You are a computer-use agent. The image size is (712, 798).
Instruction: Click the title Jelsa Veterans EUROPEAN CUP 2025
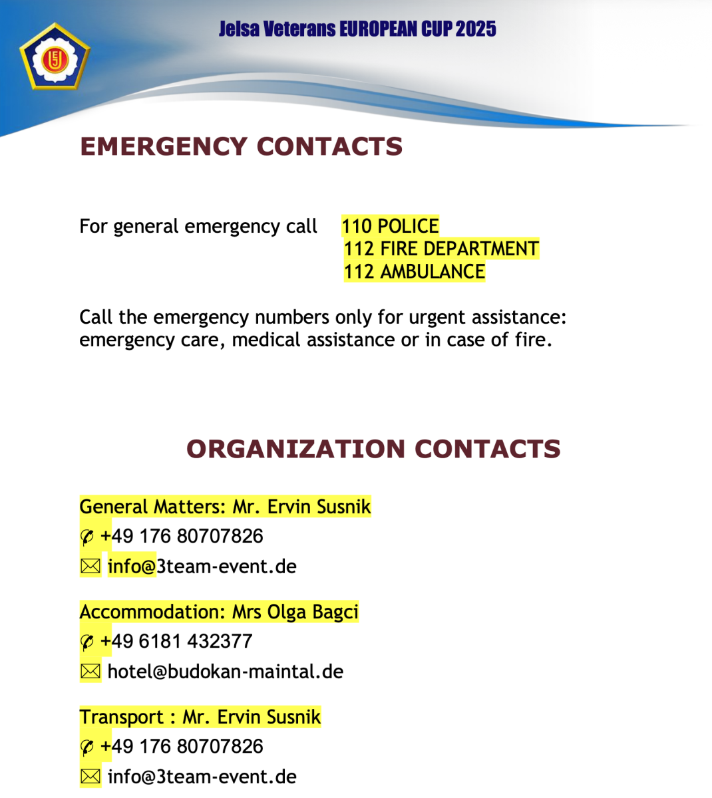[x=357, y=29]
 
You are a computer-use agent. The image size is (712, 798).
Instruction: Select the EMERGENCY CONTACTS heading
[x=241, y=146]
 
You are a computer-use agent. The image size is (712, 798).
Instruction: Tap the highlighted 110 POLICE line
[x=390, y=226]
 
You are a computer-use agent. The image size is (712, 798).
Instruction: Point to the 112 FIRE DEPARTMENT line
[x=441, y=249]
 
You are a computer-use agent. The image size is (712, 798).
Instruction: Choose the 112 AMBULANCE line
[x=414, y=271]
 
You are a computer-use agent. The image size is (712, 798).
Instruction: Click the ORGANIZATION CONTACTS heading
[x=373, y=449]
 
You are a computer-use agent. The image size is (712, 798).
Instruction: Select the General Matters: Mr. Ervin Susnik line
[x=225, y=507]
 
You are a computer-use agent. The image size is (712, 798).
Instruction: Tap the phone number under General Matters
[x=182, y=536]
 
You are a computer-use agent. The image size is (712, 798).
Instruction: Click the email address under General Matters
[x=202, y=567]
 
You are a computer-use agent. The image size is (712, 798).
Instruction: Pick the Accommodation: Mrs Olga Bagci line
[x=219, y=612]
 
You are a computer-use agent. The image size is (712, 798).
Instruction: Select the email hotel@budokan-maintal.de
[x=225, y=672]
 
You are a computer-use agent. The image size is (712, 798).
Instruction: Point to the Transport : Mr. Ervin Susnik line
[x=200, y=717]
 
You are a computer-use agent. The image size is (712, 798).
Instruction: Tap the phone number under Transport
[x=182, y=746]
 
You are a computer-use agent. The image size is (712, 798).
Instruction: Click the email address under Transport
[x=202, y=777]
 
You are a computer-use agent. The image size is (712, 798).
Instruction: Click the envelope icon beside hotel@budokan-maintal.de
[x=90, y=672]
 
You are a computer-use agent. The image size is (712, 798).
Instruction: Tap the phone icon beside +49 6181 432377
[x=87, y=642]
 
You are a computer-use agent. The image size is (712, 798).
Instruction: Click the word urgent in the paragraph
[x=436, y=317]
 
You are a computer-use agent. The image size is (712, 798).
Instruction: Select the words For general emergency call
[x=198, y=227]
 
